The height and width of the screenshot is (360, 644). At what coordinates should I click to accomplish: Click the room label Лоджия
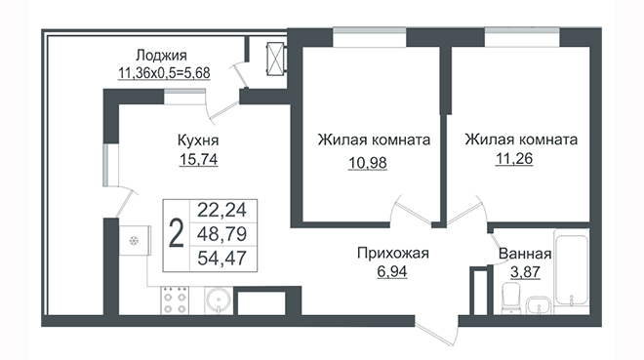pyautogui.click(x=161, y=55)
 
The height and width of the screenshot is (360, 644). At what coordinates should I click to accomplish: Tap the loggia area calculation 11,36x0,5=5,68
pyautogui.click(x=164, y=73)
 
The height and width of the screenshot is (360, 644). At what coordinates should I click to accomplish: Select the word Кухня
pyautogui.click(x=198, y=140)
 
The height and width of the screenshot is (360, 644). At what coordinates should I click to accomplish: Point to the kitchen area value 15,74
pyautogui.click(x=198, y=159)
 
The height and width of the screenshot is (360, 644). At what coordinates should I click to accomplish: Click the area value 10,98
pyautogui.click(x=368, y=163)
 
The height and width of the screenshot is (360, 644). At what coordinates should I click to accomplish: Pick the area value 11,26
pyautogui.click(x=514, y=158)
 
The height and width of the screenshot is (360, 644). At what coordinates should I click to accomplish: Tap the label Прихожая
pyautogui.click(x=392, y=254)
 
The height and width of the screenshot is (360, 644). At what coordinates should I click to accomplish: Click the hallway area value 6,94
pyautogui.click(x=392, y=272)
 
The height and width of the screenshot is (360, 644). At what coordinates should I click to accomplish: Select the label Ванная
pyautogui.click(x=525, y=254)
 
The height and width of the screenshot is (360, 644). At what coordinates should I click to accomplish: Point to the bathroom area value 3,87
pyautogui.click(x=525, y=272)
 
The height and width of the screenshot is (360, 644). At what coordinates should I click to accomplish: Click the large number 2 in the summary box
pyautogui.click(x=177, y=235)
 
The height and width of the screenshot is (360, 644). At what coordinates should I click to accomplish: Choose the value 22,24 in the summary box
pyautogui.click(x=221, y=211)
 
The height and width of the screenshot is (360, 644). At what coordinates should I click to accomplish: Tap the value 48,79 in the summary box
pyautogui.click(x=221, y=235)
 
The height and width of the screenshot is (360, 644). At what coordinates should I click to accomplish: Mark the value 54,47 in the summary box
pyautogui.click(x=221, y=259)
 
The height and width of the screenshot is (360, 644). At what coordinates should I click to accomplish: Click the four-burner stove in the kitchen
pyautogui.click(x=175, y=300)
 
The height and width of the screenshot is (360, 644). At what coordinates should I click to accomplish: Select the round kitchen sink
pyautogui.click(x=219, y=300)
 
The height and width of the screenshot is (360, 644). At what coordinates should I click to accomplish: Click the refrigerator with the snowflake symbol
pyautogui.click(x=135, y=241)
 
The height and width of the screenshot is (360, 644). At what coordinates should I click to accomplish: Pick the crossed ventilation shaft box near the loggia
pyautogui.click(x=275, y=60)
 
